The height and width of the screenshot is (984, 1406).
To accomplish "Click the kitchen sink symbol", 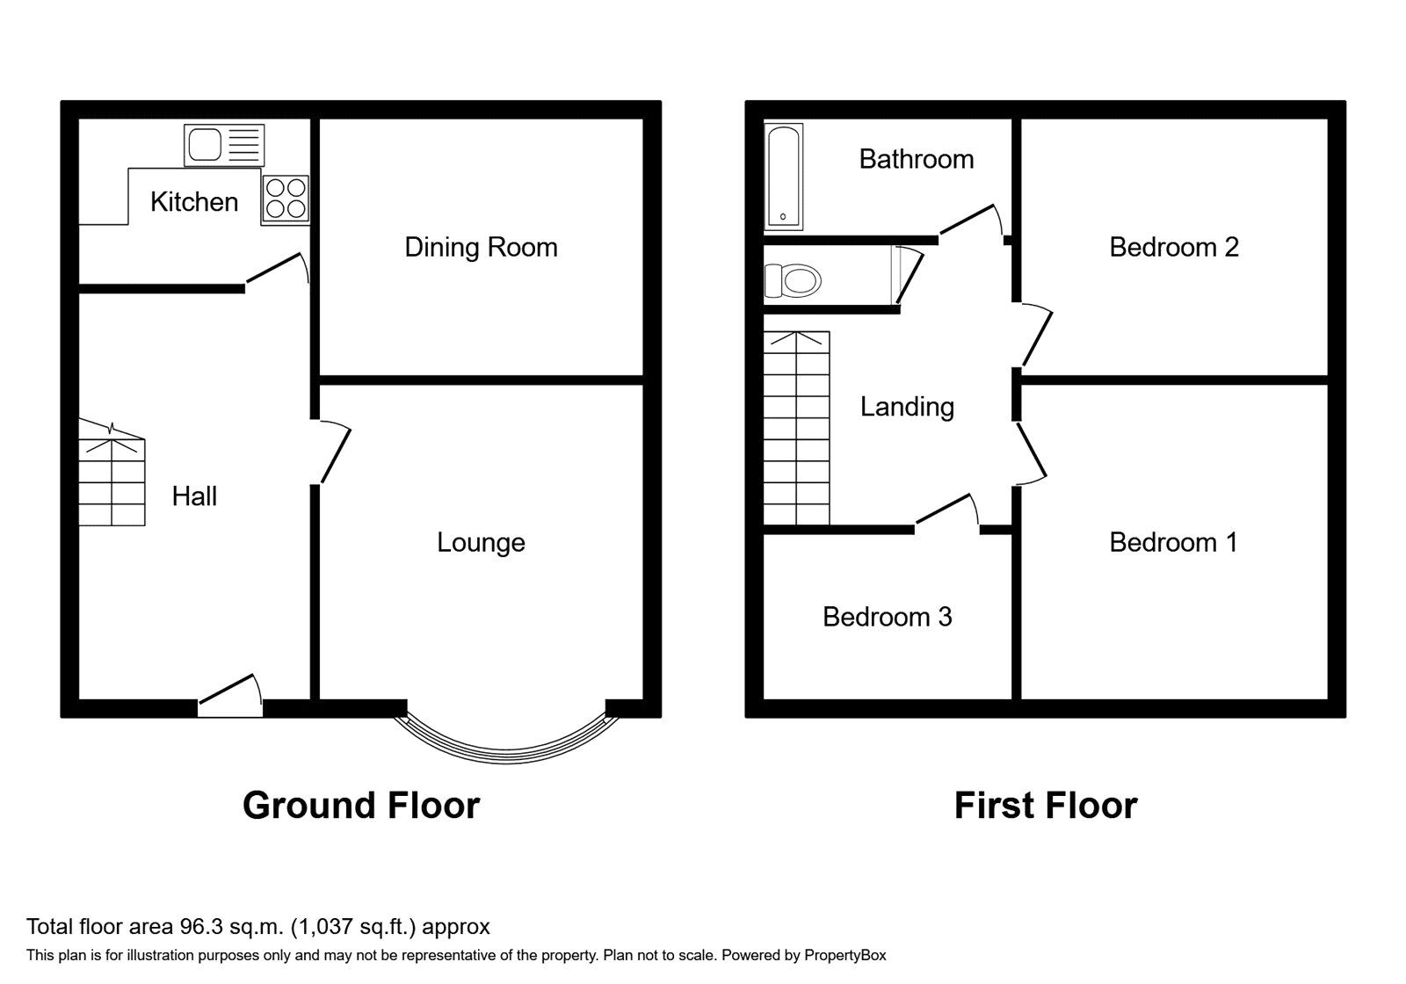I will coord(223,145).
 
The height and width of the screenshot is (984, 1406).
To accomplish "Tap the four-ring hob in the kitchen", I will coord(286,199).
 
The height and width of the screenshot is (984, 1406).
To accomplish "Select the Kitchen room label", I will coord(194,202).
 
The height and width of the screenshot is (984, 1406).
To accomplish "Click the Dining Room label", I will coord(481,248).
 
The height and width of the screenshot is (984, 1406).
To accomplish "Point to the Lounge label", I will coord(481,543).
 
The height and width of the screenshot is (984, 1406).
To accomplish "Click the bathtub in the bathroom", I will coord(783,177).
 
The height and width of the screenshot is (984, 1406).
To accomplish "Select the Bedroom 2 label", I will coord(1173,248).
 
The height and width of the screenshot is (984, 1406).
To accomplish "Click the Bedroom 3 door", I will coord(947,513).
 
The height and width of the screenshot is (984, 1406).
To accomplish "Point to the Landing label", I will coord(907,407).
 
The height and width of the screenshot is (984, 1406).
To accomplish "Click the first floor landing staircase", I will coord(796,429).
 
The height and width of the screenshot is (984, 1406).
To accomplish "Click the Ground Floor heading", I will coord(361,806).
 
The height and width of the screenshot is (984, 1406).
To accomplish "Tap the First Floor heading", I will coord(1046,806).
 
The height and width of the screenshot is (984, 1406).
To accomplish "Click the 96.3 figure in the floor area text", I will coord(199,926).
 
